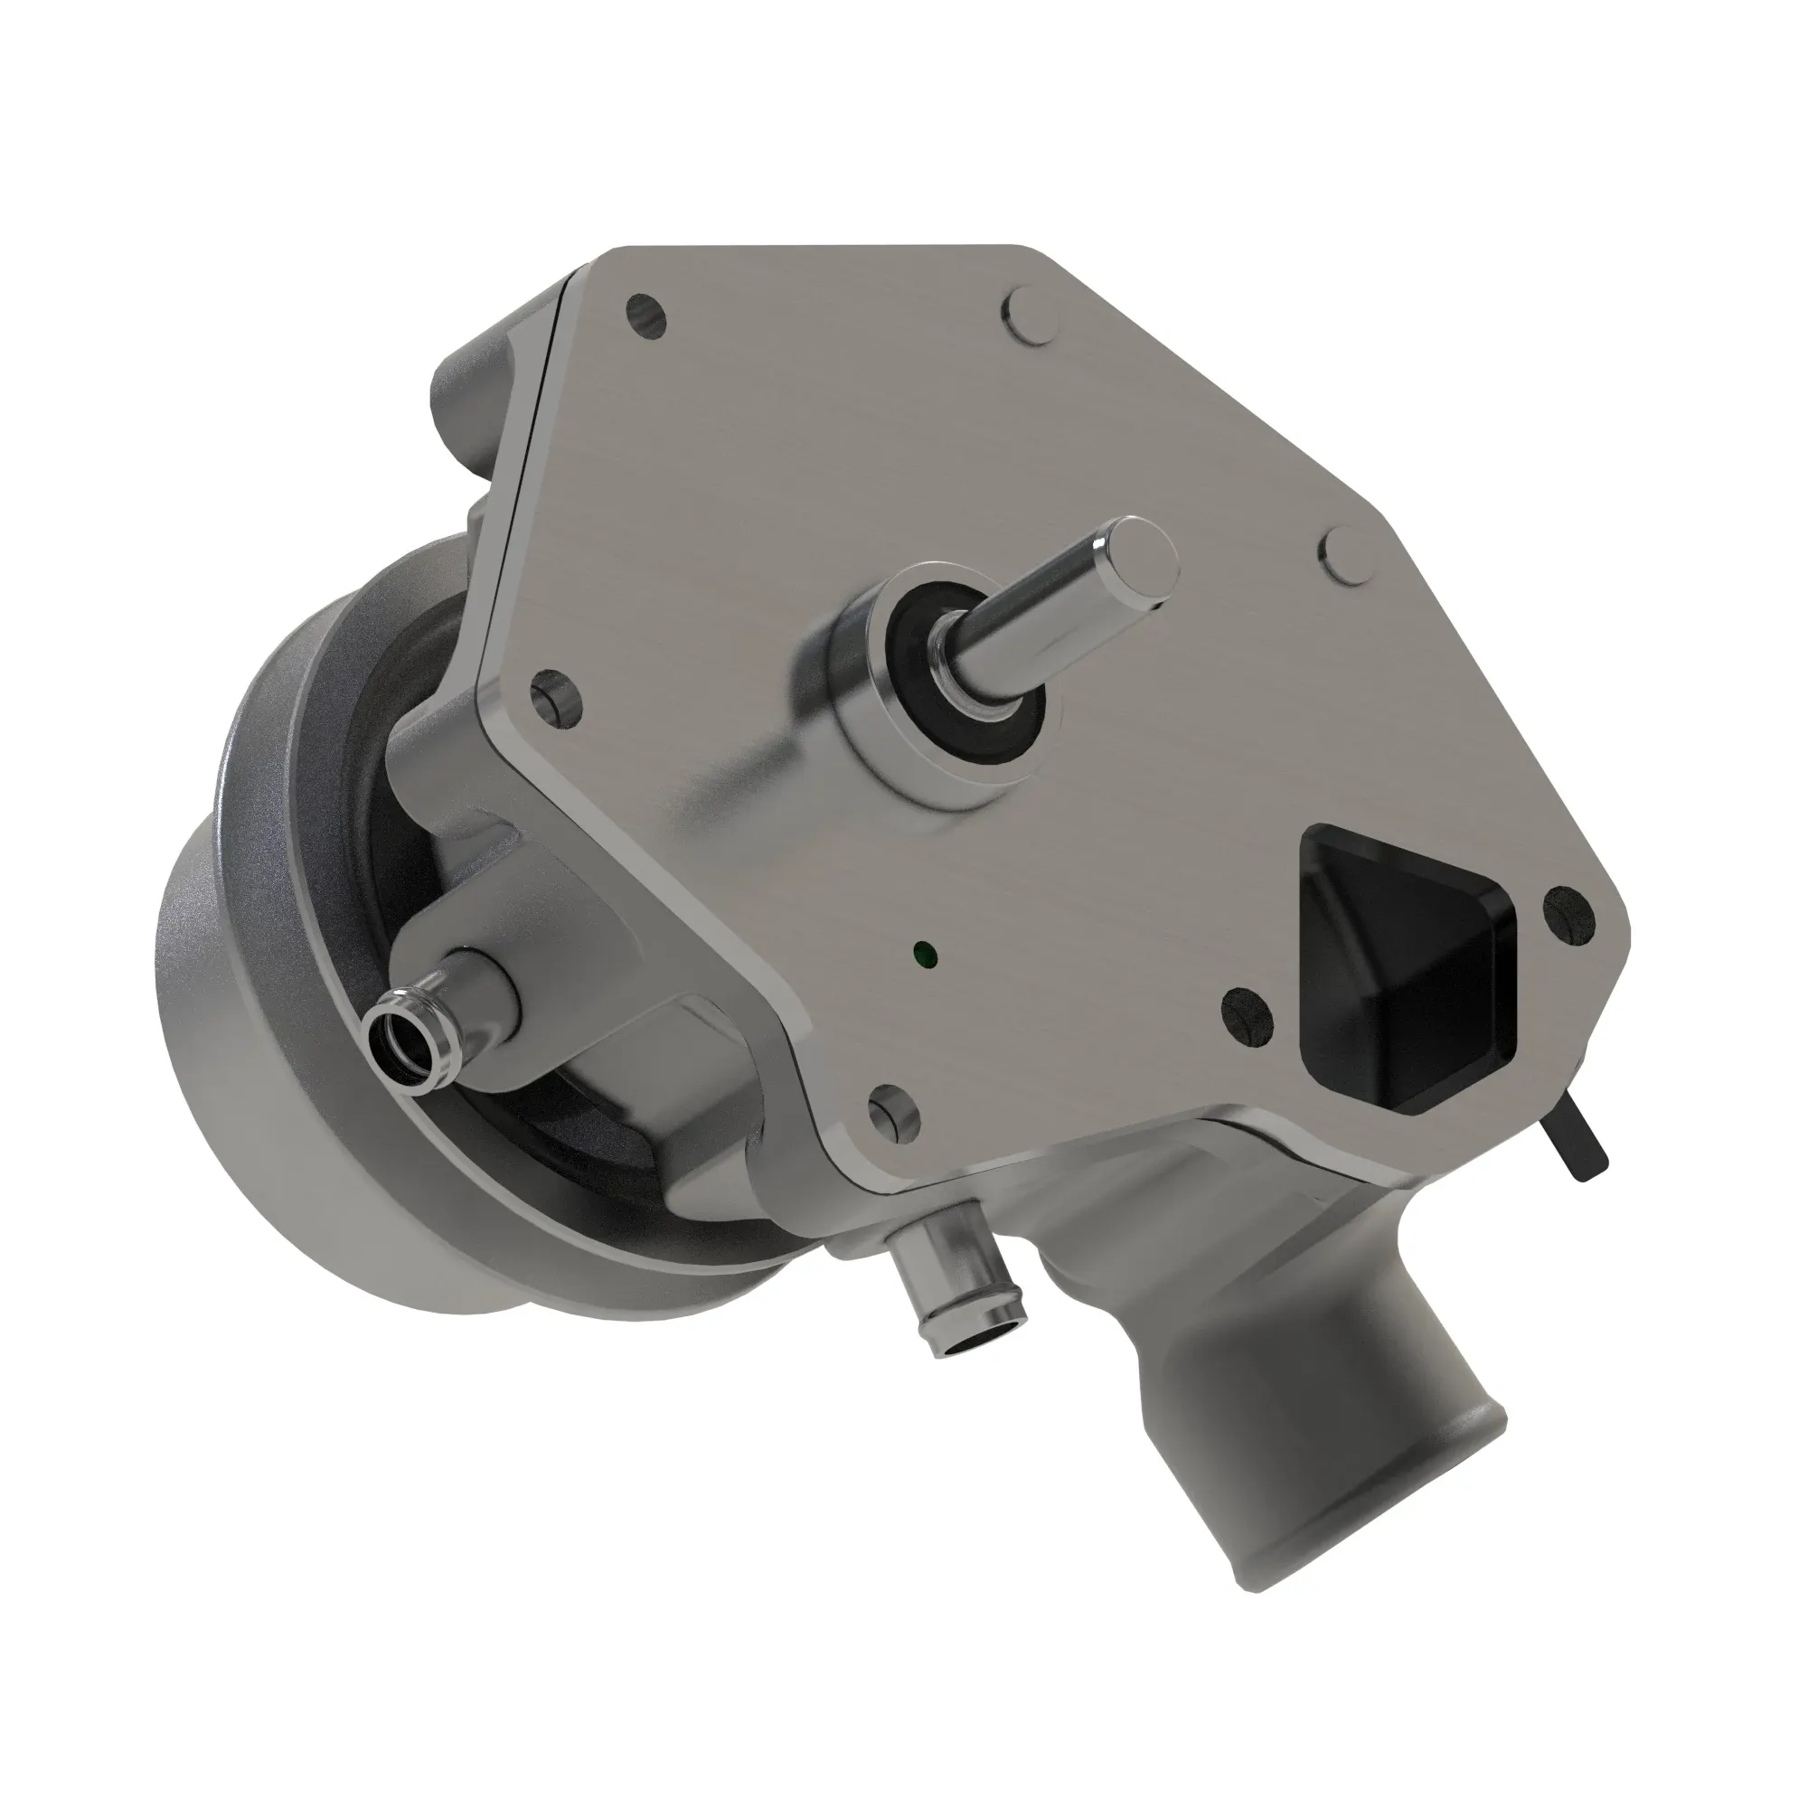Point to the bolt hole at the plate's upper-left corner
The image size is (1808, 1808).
click(646, 316)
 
